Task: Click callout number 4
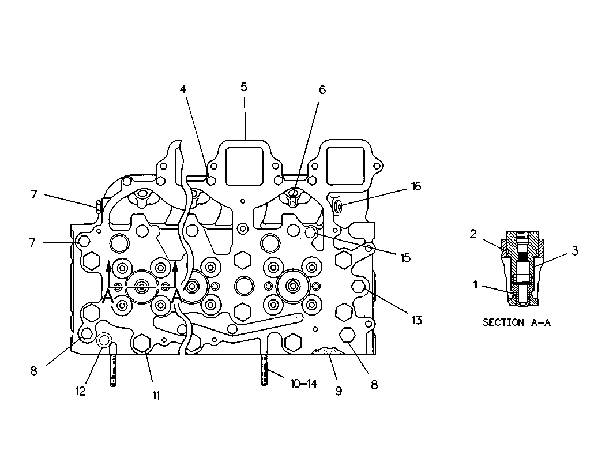click(183, 89)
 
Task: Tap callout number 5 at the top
click(244, 87)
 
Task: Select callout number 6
click(322, 90)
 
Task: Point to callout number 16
click(416, 186)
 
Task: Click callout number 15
click(405, 258)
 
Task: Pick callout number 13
click(417, 320)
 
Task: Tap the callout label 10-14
click(303, 384)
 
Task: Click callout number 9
click(339, 391)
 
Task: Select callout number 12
click(80, 391)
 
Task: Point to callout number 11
click(156, 395)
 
